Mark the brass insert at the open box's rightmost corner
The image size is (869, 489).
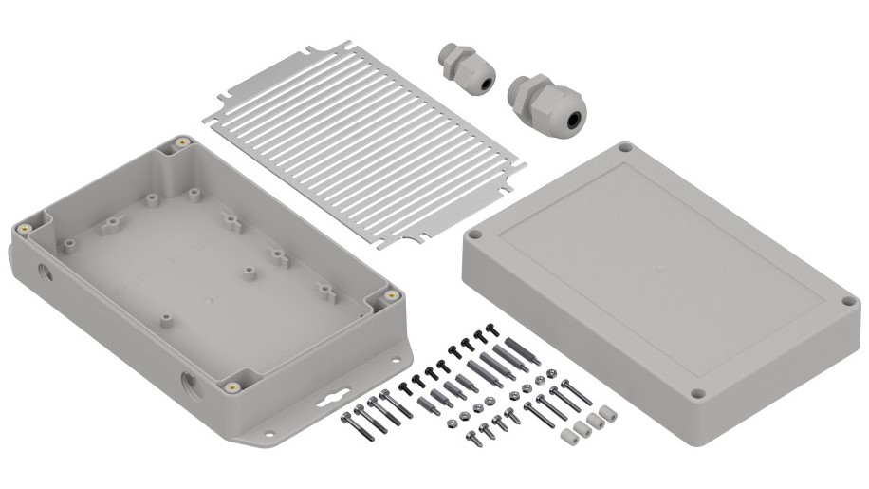390,295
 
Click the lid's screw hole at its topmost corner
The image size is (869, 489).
625,149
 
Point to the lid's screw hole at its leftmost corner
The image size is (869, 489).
474,232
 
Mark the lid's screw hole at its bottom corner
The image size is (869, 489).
697,393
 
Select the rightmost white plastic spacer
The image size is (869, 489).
602,415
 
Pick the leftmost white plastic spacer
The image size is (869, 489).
570,438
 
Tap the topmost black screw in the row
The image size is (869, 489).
490,329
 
